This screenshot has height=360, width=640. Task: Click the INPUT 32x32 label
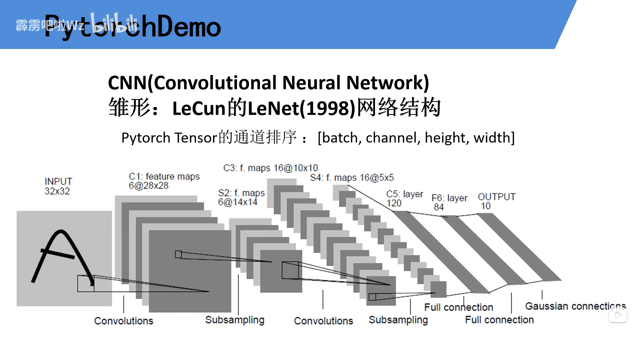point(58,186)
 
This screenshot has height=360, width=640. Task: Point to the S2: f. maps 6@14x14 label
point(241,197)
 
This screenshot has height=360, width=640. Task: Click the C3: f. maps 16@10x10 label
point(270,168)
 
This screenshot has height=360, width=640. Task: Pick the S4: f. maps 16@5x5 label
point(352,178)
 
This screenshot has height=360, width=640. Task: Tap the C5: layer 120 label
point(404,198)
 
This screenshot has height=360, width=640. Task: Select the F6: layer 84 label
point(449,202)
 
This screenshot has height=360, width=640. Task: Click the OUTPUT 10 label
point(496,201)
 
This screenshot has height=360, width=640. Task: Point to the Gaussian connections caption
point(575,306)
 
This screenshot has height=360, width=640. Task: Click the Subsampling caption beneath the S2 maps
point(235,320)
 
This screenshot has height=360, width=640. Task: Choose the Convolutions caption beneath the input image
point(124,321)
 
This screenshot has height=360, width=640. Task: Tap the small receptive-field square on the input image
point(86,283)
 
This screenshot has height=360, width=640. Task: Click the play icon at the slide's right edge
point(618,315)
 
